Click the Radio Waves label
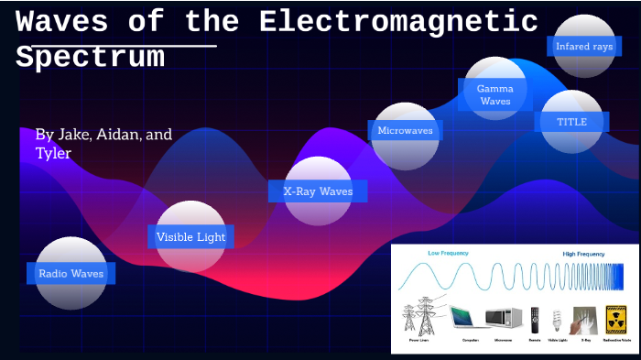pos(71,273)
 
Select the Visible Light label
pos(190,237)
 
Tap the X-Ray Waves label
pos(318,191)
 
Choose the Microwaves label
pos(405,131)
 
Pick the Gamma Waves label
pos(495,94)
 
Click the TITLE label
pos(571,122)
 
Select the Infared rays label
pos(584,46)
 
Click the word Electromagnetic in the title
pos(398,21)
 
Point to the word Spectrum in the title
pos(90,57)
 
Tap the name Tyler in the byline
pos(53,153)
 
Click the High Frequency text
pos(583,253)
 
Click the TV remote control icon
pos(535,319)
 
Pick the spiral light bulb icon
pos(557,319)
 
